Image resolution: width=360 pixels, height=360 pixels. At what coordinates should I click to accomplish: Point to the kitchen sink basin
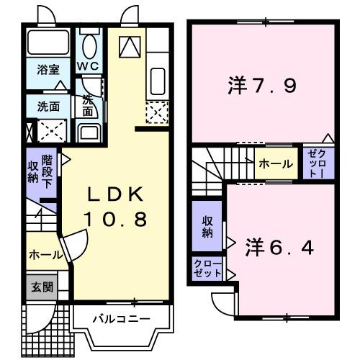(x=157, y=78)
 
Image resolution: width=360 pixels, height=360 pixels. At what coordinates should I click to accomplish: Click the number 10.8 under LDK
(x=117, y=217)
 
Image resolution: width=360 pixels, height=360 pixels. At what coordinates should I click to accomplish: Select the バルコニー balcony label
(x=121, y=318)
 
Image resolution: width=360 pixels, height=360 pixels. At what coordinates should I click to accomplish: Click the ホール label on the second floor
(x=276, y=164)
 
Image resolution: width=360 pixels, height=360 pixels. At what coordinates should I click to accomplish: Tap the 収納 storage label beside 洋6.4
(x=207, y=227)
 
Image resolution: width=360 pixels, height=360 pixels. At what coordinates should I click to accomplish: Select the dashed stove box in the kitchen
(x=156, y=112)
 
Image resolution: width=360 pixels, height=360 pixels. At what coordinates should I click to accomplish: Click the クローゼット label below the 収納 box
(x=207, y=269)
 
